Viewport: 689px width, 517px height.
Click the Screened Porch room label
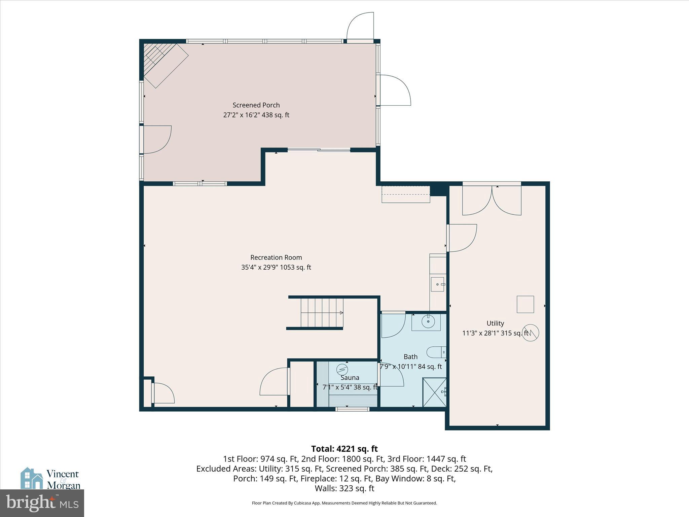coord(256,105)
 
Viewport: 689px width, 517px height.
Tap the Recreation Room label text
coord(276,257)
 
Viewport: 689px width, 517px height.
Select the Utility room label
coord(495,323)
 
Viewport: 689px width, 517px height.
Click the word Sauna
coord(350,378)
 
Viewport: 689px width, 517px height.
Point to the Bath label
coord(410,356)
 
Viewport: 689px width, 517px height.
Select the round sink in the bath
coord(428,322)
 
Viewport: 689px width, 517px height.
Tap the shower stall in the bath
coord(434,392)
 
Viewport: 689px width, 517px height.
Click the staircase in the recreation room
coord(322,313)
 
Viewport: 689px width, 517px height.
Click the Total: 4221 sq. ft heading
coord(344,449)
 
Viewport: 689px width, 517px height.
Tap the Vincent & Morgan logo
coord(50,478)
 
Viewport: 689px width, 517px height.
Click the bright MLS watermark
coord(42,503)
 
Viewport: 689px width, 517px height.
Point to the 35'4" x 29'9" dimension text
coord(276,267)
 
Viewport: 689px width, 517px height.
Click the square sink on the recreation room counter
coord(437,284)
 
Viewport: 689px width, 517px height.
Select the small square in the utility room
coord(525,304)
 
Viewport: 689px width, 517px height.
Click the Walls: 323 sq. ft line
coord(344,488)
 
